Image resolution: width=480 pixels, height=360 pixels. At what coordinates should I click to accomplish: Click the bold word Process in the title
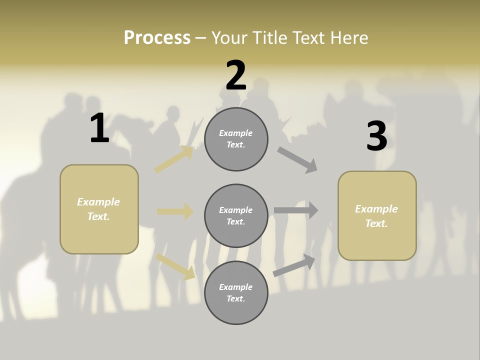point(157,38)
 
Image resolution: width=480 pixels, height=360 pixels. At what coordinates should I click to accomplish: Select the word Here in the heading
point(348,38)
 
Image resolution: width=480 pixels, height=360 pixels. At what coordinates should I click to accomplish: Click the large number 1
point(99,128)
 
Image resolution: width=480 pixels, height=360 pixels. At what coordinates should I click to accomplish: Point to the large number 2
point(236,75)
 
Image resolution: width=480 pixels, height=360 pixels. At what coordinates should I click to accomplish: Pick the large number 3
point(376,136)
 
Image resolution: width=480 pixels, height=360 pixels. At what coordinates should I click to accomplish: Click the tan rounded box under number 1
point(99,209)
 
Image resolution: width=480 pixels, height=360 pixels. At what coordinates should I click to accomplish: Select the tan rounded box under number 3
point(377,215)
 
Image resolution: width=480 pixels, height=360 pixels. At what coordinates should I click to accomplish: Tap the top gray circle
point(236,139)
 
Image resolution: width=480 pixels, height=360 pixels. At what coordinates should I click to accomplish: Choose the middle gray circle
point(236,215)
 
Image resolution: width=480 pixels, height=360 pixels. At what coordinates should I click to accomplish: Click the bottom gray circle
point(236,292)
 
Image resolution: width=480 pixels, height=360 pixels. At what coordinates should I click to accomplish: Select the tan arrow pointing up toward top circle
point(174,159)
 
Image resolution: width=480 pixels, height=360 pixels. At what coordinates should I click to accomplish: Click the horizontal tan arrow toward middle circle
point(175,211)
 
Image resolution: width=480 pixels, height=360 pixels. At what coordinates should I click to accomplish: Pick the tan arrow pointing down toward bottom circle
point(175,266)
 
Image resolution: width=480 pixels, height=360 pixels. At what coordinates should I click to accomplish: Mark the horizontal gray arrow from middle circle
point(296,210)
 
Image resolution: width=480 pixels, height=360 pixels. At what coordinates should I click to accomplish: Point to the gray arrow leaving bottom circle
point(294,265)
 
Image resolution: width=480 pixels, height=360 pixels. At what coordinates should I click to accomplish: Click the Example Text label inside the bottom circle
point(236,292)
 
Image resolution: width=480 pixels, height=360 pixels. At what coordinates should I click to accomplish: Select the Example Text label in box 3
point(376,216)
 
